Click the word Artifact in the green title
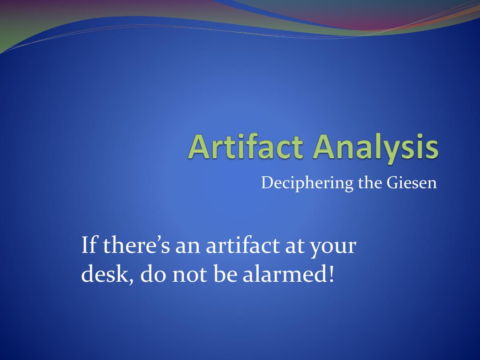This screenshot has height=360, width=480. pyautogui.click(x=247, y=147)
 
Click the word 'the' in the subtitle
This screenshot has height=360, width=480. pyautogui.click(x=370, y=182)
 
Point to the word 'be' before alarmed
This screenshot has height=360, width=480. pyautogui.click(x=225, y=275)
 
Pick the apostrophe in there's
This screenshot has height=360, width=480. pyautogui.click(x=157, y=239)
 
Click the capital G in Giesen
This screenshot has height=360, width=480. pyautogui.click(x=392, y=182)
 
